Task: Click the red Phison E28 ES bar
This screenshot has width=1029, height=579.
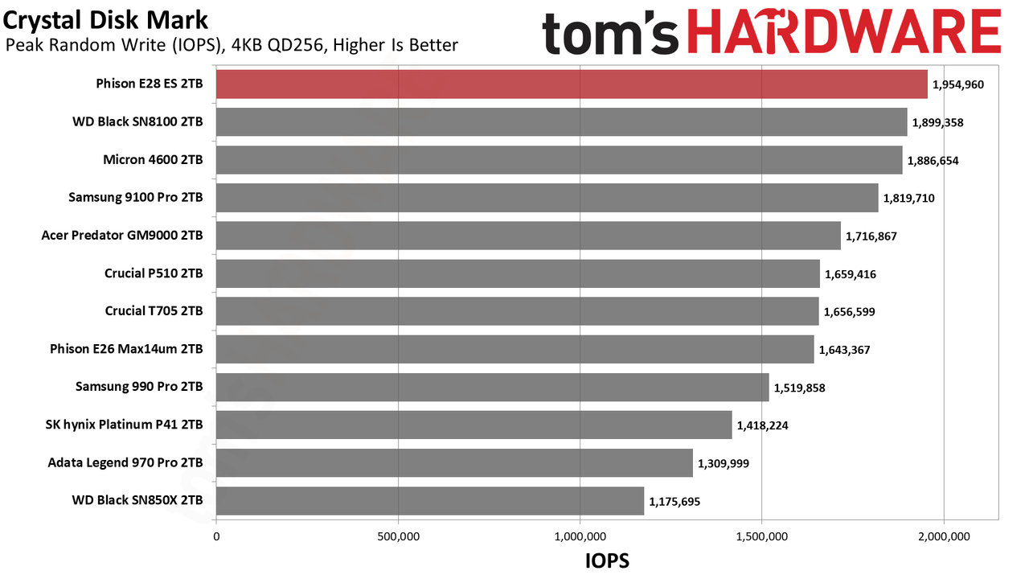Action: (x=572, y=84)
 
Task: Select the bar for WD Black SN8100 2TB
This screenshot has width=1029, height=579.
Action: (x=562, y=121)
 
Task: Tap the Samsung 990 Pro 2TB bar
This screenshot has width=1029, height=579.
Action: (x=493, y=387)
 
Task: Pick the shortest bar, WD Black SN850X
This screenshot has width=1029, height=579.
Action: (x=430, y=500)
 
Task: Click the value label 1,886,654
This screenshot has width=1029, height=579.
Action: (x=933, y=160)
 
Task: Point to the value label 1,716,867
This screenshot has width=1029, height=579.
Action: (x=871, y=236)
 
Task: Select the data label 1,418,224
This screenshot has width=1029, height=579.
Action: (x=763, y=425)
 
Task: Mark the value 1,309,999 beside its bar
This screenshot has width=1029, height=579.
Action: (x=724, y=463)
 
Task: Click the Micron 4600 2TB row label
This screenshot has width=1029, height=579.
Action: (x=153, y=159)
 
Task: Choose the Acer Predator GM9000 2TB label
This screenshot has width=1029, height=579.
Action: (x=122, y=236)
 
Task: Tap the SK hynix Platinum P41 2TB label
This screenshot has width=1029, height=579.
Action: (x=124, y=425)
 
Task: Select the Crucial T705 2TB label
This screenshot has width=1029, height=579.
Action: (x=154, y=311)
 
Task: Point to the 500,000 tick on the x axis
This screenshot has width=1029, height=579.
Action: (x=398, y=536)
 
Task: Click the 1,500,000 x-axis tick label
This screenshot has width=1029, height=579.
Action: (x=762, y=536)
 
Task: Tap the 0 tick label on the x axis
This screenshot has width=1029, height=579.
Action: (x=216, y=536)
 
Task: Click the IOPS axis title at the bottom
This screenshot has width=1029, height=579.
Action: (x=607, y=561)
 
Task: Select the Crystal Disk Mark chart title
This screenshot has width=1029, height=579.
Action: (x=105, y=20)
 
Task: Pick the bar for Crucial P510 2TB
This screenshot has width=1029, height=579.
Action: (x=519, y=273)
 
